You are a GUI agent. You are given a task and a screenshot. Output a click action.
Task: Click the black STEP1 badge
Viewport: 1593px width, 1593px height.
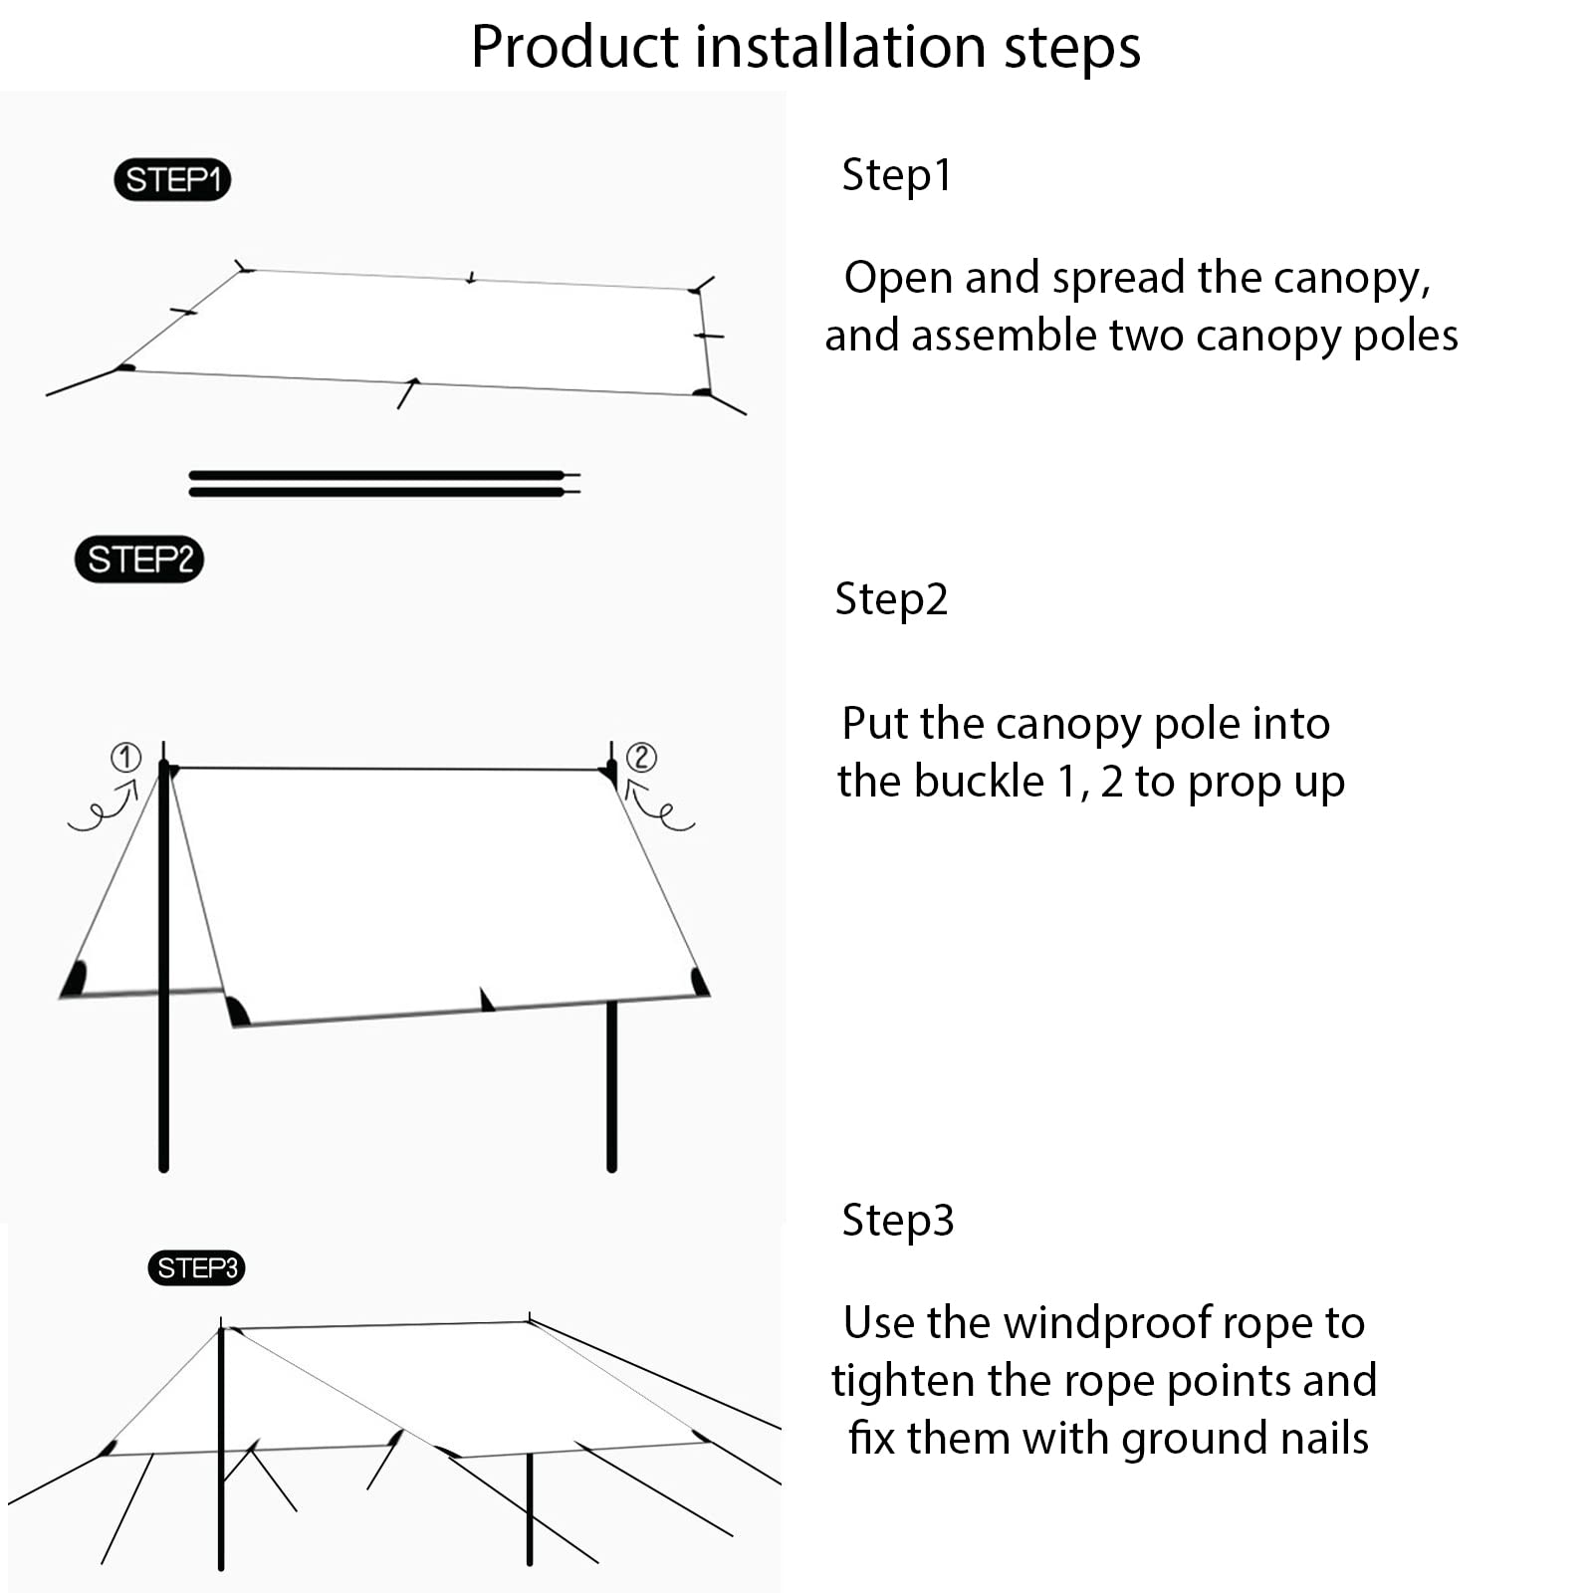[x=172, y=180]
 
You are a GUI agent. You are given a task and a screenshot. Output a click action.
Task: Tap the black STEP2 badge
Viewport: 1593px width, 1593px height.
[x=139, y=560]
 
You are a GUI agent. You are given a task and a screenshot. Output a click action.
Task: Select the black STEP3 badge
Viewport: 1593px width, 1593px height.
[x=197, y=1267]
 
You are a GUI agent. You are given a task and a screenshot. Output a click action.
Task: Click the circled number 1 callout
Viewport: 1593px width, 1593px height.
[x=125, y=758]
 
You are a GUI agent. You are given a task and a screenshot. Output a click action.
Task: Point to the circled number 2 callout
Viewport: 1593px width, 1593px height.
[x=641, y=758]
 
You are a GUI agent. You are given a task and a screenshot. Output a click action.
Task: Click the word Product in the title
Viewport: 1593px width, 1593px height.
[x=574, y=47]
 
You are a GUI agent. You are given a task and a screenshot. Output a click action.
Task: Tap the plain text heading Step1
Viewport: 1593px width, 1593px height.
[x=896, y=175]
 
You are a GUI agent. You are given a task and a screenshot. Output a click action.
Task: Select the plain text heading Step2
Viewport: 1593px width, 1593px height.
[x=891, y=599]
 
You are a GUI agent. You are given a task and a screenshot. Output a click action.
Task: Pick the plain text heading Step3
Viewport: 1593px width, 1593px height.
[x=897, y=1220]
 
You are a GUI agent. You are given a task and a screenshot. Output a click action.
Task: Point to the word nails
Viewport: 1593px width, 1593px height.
[x=1322, y=1439]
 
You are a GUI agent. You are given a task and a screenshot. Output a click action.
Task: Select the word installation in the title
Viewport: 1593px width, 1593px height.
[x=842, y=47]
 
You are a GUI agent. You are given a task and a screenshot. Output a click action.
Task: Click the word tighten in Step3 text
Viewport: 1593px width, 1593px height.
[x=904, y=1381]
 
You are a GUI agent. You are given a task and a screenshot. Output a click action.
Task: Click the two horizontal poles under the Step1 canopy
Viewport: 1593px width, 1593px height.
[x=383, y=484]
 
